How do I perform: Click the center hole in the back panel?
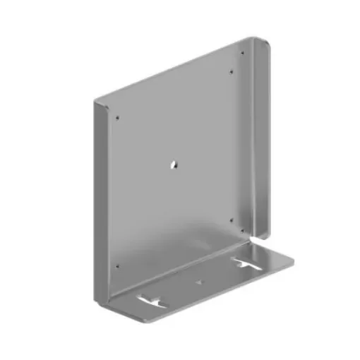tap(174, 164)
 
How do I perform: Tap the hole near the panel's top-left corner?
tap(117, 117)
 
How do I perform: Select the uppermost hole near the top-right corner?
tap(242, 53)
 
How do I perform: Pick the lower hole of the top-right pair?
tap(233, 71)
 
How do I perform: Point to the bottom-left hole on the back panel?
tap(117, 267)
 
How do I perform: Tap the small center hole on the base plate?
tap(198, 281)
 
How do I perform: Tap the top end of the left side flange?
tap(97, 103)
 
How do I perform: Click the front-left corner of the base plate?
tap(141, 322)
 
